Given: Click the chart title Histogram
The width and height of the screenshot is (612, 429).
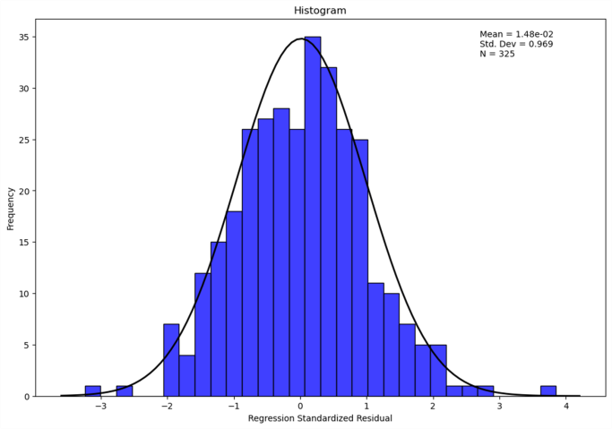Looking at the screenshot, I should point(320,11).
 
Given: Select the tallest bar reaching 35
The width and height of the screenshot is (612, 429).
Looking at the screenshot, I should point(313,216).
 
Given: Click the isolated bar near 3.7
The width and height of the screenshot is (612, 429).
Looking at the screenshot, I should point(548,391).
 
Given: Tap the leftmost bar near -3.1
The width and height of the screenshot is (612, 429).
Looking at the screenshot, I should point(92,391).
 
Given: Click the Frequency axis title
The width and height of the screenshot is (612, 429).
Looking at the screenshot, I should point(11,208).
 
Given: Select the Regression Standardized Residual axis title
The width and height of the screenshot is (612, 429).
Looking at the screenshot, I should point(320,418).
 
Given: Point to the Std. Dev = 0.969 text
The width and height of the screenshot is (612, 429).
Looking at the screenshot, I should point(516,44).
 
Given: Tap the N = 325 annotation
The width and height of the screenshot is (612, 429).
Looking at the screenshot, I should point(497,54).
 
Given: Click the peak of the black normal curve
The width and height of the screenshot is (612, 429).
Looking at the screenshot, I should point(301,39).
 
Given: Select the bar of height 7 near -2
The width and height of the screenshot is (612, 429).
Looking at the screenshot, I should point(171,360).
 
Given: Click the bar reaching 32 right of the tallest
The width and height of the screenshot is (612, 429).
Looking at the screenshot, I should point(329,231).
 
